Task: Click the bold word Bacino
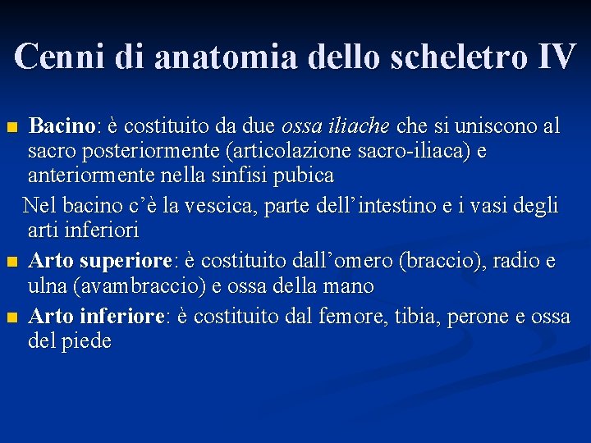click(62, 126)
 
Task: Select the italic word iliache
click(360, 126)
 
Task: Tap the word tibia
click(416, 316)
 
